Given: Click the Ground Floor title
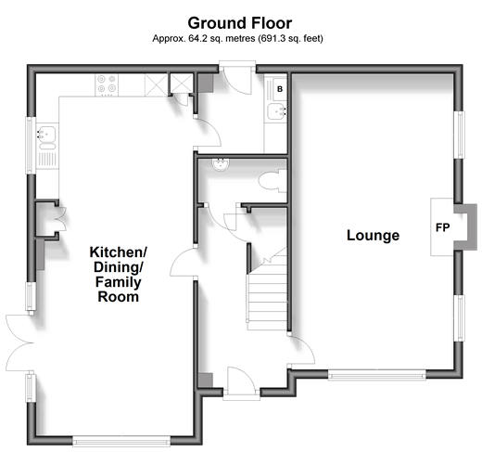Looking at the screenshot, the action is click(x=240, y=23).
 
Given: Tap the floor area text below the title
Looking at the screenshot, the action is click(x=237, y=38).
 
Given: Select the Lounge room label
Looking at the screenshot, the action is click(x=373, y=236).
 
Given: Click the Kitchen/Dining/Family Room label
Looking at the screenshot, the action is click(x=118, y=275).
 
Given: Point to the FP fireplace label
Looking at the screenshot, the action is click(x=442, y=227).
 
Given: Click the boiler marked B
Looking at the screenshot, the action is click(x=280, y=89).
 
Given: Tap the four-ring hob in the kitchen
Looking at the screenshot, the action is click(x=107, y=84).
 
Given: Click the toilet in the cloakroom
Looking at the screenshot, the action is click(x=273, y=180).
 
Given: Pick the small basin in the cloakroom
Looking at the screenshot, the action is click(x=221, y=163).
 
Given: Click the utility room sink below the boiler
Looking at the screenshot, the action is click(x=276, y=111).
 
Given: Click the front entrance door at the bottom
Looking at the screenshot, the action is click(x=241, y=382).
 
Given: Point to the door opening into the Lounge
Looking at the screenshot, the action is click(x=301, y=350).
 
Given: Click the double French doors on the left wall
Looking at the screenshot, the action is click(x=19, y=342).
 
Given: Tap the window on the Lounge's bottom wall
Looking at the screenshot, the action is click(x=376, y=376).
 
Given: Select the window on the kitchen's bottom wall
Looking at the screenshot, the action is click(x=121, y=442).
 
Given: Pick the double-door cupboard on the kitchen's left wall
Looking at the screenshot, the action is click(x=50, y=219).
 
